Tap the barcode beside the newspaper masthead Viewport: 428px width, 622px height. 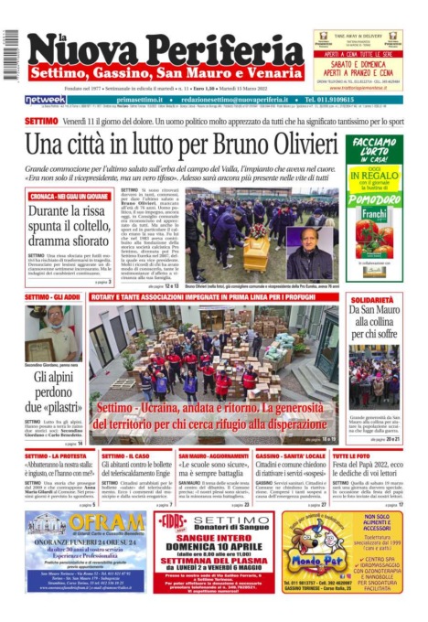click(10, 55)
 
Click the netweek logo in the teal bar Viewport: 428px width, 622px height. click(45, 99)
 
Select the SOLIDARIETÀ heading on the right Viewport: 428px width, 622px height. click(374, 298)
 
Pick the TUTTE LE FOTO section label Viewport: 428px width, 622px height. click(350, 456)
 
